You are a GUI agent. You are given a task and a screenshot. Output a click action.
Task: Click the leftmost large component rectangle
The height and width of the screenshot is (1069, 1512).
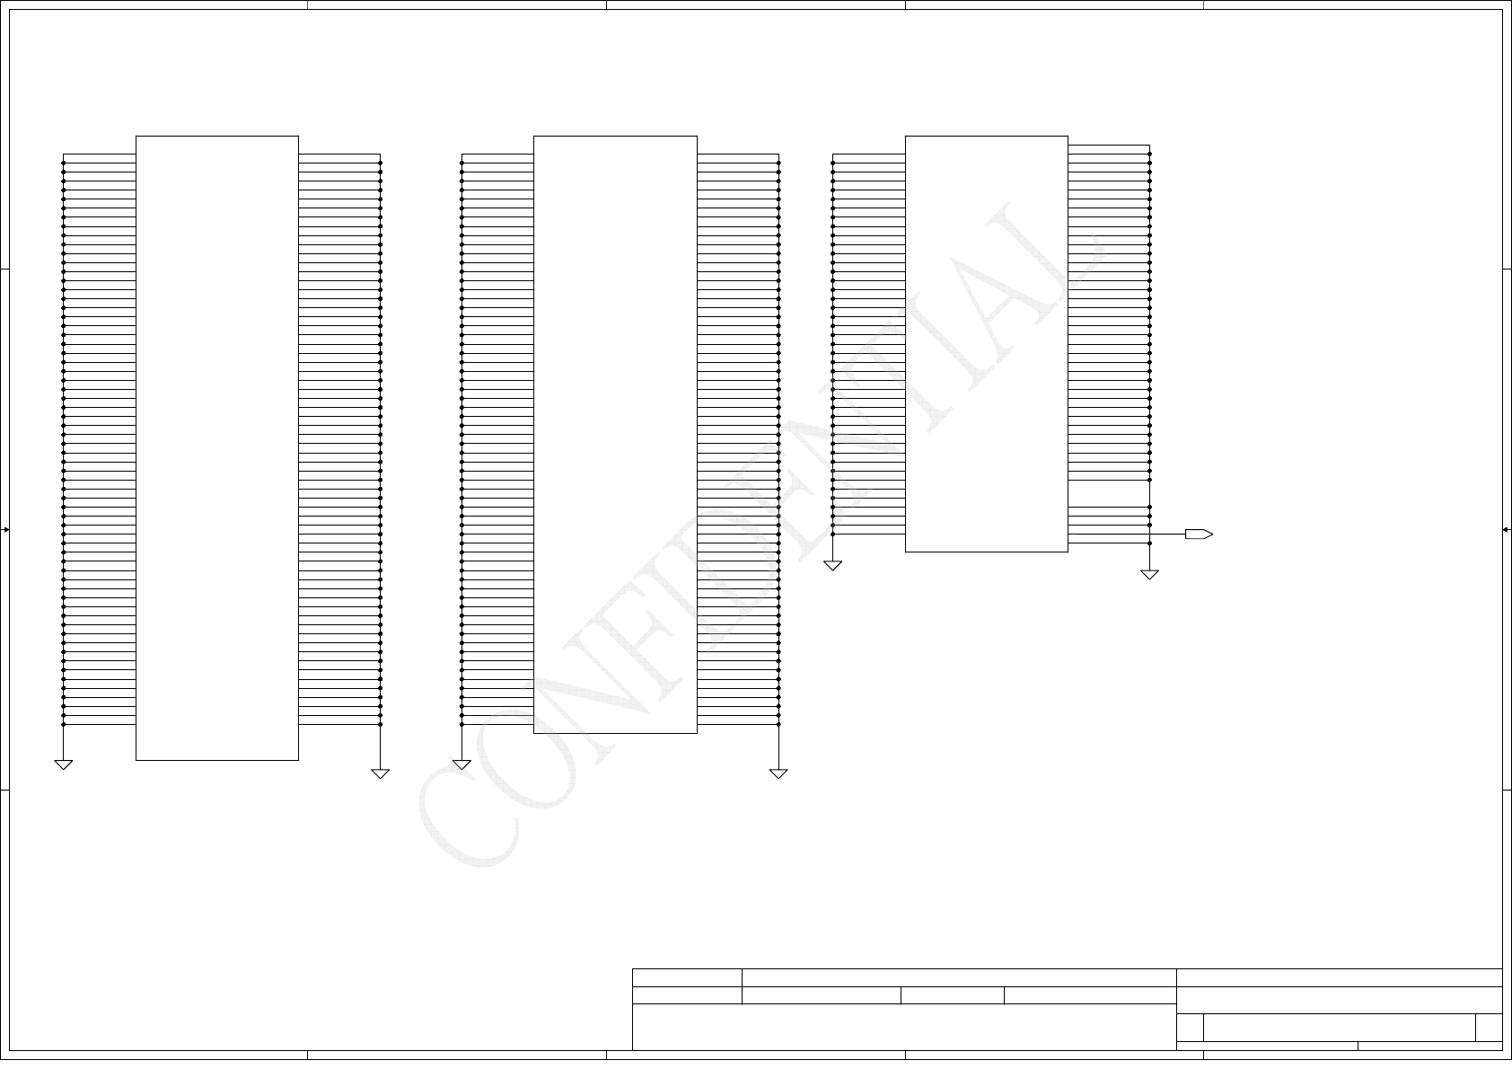(216, 447)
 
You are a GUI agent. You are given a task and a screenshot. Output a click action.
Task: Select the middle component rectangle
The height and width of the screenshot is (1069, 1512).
(615, 434)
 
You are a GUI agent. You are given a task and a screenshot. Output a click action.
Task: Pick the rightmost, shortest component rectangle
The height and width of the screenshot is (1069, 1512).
(986, 343)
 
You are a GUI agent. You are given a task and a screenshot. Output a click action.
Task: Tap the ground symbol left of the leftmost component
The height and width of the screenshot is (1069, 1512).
(63, 764)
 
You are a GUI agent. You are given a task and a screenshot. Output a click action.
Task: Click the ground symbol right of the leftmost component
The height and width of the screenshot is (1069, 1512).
(380, 773)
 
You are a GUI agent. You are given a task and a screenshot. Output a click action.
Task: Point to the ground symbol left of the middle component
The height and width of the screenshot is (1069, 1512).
(462, 764)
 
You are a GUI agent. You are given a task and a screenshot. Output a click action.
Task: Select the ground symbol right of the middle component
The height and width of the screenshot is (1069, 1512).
(778, 773)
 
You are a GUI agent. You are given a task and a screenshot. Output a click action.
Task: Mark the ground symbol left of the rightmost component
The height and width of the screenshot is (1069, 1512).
(832, 565)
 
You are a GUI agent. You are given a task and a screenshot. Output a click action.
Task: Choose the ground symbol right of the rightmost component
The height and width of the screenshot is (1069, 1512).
(1149, 574)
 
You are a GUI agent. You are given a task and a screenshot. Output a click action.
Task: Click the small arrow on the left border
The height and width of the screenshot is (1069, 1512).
(5, 530)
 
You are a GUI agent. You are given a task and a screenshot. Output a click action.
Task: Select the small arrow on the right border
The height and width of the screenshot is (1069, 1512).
(1506, 530)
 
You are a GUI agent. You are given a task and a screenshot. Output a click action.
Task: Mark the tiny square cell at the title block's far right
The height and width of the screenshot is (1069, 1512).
(1489, 1027)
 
